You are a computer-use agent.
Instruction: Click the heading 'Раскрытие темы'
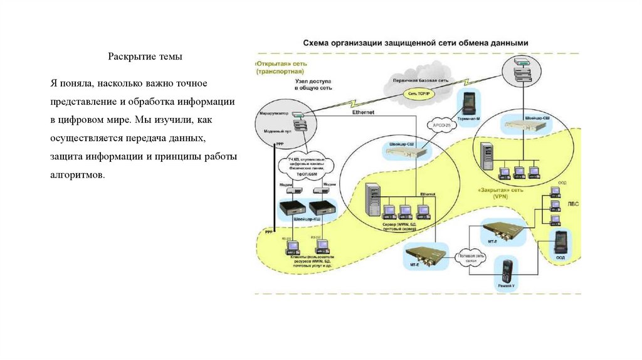(x=145, y=56)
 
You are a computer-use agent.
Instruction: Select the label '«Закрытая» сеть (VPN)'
(x=500, y=192)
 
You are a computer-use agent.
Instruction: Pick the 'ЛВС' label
(x=573, y=204)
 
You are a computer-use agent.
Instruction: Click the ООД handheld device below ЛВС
(x=560, y=241)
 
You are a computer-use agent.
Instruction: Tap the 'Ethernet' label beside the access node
(x=364, y=112)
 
